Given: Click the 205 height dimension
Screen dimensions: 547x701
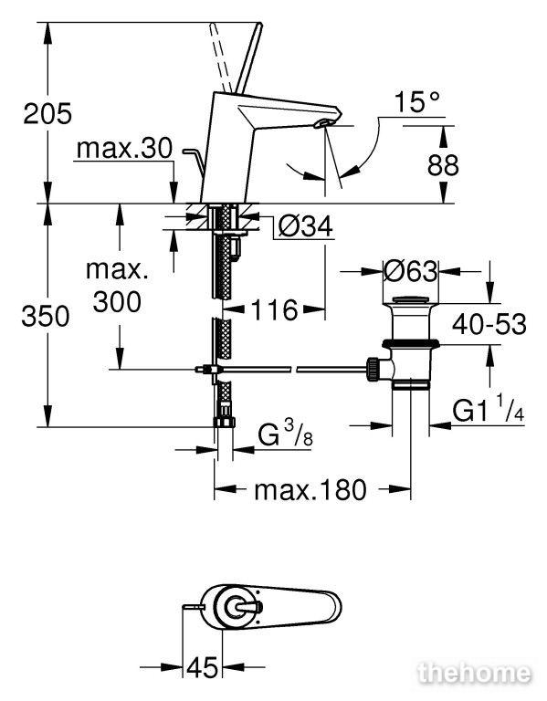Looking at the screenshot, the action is click(47, 113).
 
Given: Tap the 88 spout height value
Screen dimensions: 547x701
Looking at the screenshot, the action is click(443, 165).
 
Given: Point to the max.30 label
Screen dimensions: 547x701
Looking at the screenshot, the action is click(124, 148).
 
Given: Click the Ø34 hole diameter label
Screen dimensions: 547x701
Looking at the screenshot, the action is click(306, 226).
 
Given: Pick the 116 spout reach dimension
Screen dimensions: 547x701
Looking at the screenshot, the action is click(274, 309).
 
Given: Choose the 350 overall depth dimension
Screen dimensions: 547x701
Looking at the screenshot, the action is click(46, 316).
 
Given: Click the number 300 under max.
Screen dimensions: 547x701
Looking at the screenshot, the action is click(117, 302).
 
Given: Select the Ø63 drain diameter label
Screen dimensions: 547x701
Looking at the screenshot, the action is click(411, 271).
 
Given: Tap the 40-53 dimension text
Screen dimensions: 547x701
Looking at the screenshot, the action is click(489, 324).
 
